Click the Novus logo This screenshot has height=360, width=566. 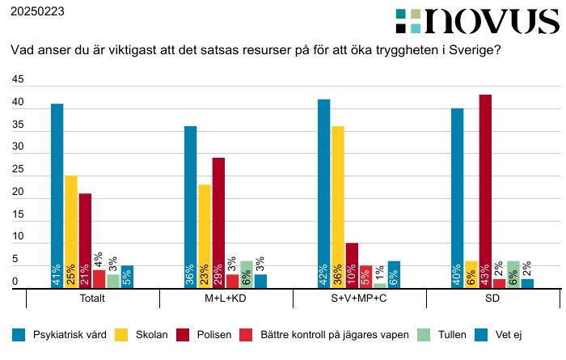477,21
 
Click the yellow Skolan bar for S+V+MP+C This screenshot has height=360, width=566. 338,207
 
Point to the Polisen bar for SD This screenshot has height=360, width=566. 485,191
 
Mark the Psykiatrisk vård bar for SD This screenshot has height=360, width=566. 457,198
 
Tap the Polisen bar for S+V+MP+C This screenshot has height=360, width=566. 352,265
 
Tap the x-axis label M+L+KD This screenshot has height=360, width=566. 226,298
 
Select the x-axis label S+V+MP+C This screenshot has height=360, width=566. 360,298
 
